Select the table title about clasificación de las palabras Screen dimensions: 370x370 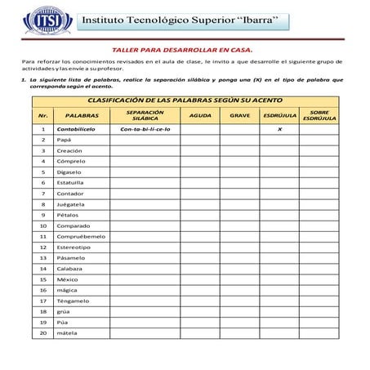[189, 100]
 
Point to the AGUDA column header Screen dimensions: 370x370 [199, 116]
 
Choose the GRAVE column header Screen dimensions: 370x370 [239, 116]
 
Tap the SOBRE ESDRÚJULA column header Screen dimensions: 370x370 [319, 116]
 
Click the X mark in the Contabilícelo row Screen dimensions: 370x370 [279, 129]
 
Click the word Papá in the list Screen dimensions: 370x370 [64, 140]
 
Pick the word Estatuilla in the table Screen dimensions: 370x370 [71, 183]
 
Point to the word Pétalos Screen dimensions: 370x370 [68, 215]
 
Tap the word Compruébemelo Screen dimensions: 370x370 [80, 236]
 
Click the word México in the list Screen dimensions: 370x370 [67, 279]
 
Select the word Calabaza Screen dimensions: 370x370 [69, 268]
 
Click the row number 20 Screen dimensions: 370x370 [42, 332]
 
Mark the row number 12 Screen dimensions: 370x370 [42, 247]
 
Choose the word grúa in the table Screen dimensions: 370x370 [63, 310]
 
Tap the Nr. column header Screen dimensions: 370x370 [42, 116]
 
